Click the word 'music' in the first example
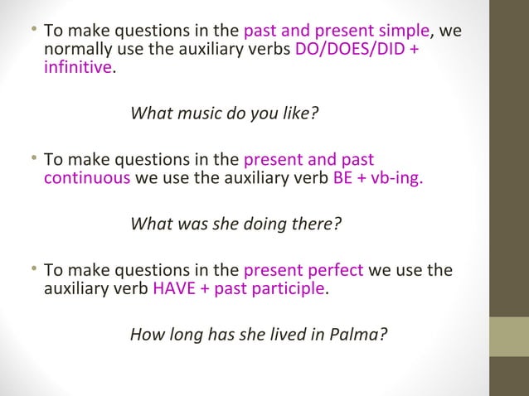tap(197, 113)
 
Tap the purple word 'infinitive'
tap(77, 67)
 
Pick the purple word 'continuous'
tap(86, 177)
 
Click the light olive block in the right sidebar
tap(508, 336)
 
